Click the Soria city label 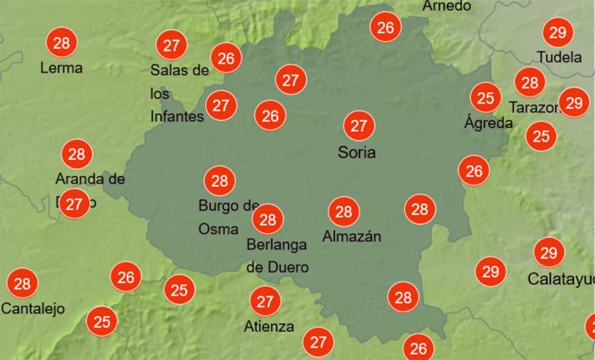(357, 152)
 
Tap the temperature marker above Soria (359, 126)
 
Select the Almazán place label (352, 236)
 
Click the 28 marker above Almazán (343, 211)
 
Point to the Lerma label (61, 67)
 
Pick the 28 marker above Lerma (60, 42)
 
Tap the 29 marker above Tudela (557, 32)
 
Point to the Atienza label (269, 326)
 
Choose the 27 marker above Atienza (265, 301)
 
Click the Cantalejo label (32, 308)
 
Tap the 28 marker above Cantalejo (22, 284)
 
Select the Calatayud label (561, 278)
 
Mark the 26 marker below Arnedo (385, 27)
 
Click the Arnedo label (447, 6)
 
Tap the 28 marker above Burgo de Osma (220, 180)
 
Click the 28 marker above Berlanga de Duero (267, 220)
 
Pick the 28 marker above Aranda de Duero (77, 154)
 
